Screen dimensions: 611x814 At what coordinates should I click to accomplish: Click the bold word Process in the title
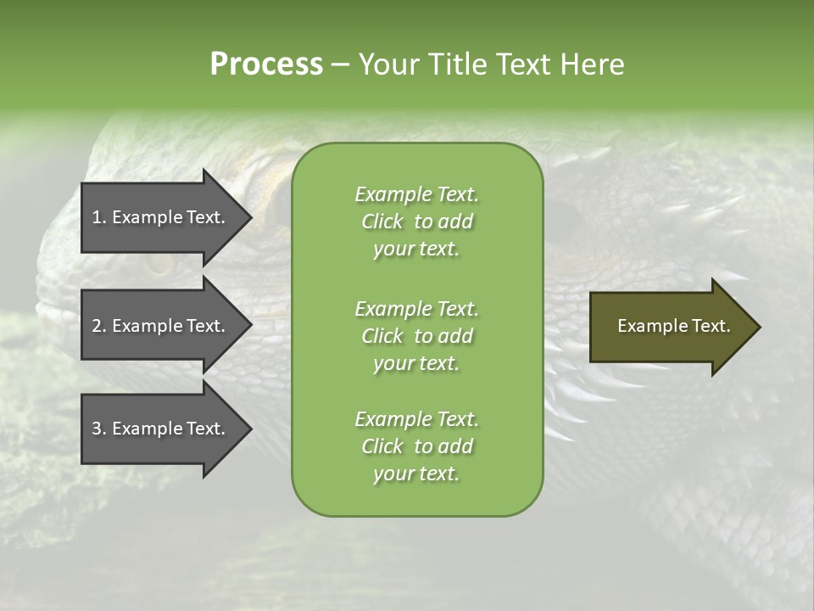(x=266, y=64)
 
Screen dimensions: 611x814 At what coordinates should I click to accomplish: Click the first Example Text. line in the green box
(x=416, y=194)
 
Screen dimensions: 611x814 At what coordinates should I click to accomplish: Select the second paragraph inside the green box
(x=416, y=336)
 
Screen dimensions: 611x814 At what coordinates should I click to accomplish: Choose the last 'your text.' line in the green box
(x=416, y=474)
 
